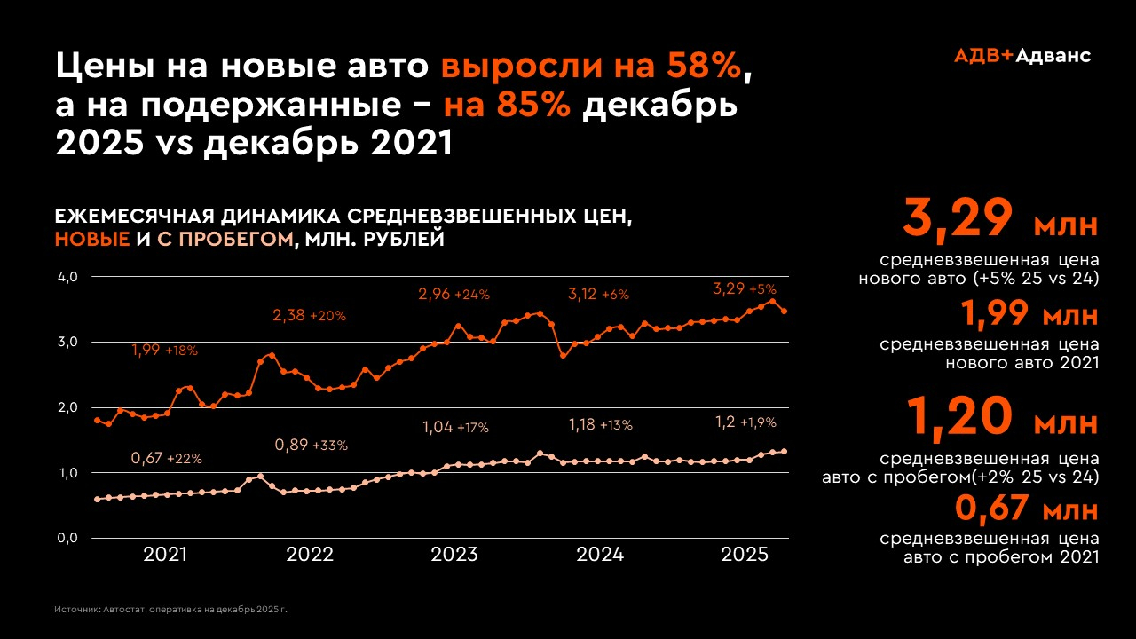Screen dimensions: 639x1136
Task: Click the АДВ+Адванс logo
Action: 1022,55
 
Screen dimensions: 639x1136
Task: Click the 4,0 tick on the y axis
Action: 68,277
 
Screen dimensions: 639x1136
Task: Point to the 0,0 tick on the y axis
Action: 68,538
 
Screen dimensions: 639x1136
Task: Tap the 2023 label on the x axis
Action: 454,556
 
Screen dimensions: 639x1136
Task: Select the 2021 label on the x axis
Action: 165,556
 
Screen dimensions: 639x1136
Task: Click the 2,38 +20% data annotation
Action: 309,315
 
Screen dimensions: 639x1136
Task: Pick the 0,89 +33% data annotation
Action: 311,445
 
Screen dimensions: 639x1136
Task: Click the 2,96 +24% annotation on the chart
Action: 454,294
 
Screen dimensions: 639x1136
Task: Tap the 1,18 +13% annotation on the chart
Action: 600,425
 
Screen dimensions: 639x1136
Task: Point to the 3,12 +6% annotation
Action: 598,294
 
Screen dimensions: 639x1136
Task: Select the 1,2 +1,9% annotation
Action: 745,422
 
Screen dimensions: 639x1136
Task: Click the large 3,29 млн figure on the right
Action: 1000,220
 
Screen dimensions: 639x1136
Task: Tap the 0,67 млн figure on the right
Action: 1027,510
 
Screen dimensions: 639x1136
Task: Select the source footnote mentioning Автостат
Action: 171,611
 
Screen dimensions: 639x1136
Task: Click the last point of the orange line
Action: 784,312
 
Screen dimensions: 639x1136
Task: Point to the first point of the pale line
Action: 98,499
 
